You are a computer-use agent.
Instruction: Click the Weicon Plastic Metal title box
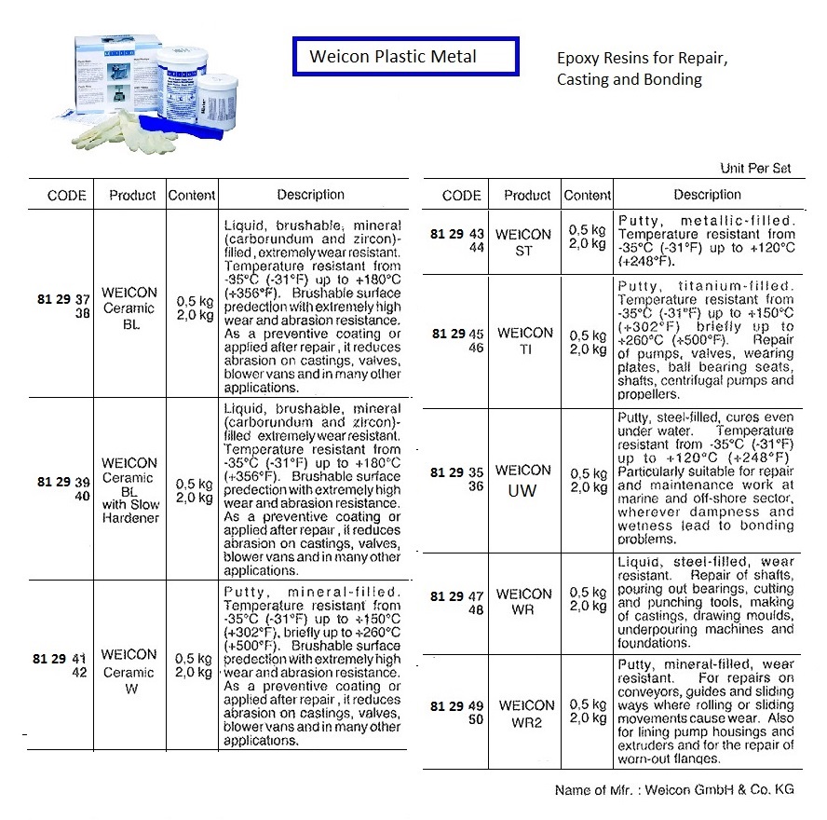click(405, 57)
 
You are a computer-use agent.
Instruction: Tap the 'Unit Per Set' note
click(755, 169)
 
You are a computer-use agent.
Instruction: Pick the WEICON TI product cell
click(524, 340)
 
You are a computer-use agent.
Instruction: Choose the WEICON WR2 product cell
click(526, 712)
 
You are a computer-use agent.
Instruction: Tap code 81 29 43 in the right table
click(457, 234)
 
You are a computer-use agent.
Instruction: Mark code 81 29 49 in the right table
click(457, 705)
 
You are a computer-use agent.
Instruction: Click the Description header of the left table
click(310, 195)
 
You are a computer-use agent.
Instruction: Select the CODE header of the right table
click(461, 196)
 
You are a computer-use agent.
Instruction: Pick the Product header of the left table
click(131, 196)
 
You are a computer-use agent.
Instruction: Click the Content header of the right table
click(588, 196)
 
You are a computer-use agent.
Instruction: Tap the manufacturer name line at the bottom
click(673, 790)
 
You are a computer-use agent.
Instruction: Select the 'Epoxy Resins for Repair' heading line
click(641, 58)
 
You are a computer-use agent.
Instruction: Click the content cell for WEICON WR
click(588, 599)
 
